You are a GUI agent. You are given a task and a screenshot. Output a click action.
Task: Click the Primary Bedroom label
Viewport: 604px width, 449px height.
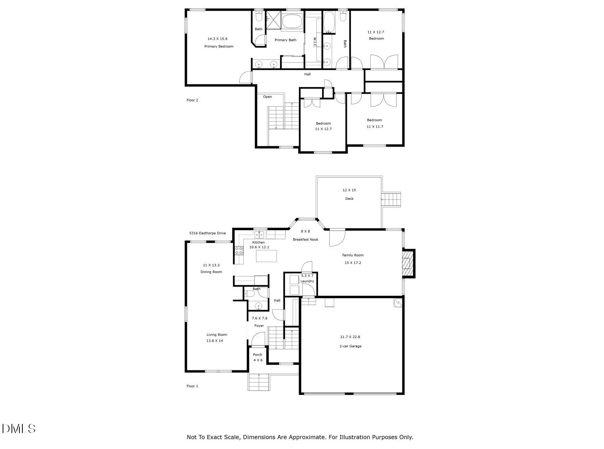[219, 46]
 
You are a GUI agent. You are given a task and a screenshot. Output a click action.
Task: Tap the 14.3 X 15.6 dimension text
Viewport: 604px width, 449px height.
[217, 39]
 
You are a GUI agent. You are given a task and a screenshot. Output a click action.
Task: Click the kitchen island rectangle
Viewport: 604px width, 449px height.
[266, 256]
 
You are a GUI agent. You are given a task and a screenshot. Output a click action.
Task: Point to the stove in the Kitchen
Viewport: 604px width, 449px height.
[239, 250]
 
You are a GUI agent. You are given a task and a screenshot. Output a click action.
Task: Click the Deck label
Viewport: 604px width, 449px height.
[349, 199]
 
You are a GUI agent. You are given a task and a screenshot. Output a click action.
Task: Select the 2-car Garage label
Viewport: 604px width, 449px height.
[350, 346]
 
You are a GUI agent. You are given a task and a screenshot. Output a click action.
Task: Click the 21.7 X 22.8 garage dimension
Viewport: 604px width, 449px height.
[350, 337]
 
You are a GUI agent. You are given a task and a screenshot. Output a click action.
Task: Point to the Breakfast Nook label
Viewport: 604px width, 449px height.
[305, 239]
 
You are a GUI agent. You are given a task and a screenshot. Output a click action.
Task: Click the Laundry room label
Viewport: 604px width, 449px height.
[307, 281]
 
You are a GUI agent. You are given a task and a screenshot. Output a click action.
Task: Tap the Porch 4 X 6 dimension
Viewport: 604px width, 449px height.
[258, 360]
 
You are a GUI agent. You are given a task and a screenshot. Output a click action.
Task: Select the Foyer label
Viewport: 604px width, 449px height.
[259, 326]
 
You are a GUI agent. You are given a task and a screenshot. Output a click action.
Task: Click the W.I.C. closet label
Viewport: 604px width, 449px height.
[315, 42]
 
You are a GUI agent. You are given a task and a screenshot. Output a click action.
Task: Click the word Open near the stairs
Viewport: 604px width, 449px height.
[267, 97]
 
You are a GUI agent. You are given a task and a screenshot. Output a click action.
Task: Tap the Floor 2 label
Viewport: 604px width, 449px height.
[192, 100]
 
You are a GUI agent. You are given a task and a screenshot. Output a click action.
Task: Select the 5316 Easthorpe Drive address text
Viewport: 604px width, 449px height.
[207, 233]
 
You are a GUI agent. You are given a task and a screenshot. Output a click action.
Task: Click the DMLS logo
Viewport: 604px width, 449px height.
[19, 428]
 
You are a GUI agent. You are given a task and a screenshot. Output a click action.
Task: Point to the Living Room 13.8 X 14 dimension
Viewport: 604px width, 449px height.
[215, 341]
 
